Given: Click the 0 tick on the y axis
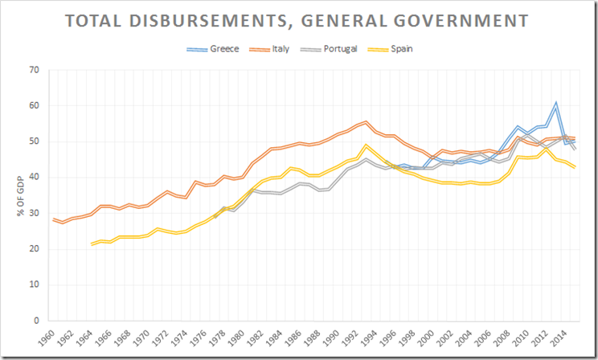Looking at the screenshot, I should pos(38,321).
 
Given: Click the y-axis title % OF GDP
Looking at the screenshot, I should pos(16,195).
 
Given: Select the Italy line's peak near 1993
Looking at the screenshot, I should pos(366,122).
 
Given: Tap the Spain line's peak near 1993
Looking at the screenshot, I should pos(366,145).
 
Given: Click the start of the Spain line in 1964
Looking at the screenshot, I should pos(92,243).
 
